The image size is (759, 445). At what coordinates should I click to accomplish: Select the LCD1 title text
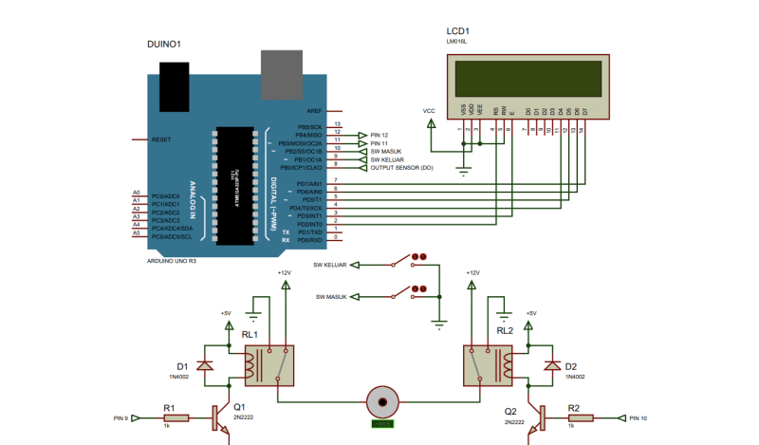pos(459,30)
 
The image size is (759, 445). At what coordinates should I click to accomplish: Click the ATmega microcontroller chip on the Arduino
pos(235,186)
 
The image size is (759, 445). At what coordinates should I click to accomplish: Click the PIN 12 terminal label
pos(380,134)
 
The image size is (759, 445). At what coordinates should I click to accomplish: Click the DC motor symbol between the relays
pos(382,401)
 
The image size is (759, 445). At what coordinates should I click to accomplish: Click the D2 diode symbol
pos(550,366)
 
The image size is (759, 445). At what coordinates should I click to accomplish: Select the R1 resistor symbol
pos(170,417)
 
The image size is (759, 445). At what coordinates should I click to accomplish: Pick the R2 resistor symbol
pos(573,417)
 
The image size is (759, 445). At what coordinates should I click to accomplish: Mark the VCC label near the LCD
pos(429,112)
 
